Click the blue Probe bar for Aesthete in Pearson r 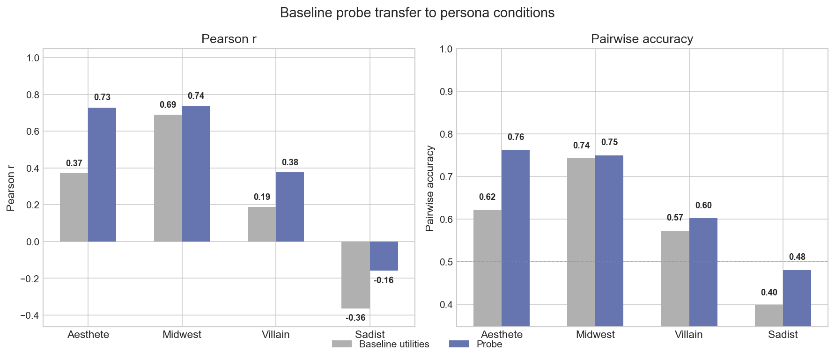(102, 175)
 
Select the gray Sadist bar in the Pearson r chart (355, 275)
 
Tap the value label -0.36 (355, 318)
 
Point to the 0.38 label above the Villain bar (290, 162)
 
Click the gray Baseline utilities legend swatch (341, 344)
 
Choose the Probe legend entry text (489, 344)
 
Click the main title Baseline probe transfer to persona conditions (417, 13)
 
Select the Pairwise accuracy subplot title (642, 39)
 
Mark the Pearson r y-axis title (11, 188)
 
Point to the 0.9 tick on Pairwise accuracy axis (446, 91)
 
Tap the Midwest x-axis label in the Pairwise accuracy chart (595, 334)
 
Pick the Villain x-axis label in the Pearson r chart (275, 334)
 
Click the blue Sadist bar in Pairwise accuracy (797, 298)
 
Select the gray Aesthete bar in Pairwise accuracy (487, 267)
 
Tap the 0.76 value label (516, 137)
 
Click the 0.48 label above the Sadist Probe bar (797, 257)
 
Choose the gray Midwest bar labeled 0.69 (168, 178)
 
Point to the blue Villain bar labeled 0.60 (703, 272)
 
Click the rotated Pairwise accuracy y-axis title (430, 188)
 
